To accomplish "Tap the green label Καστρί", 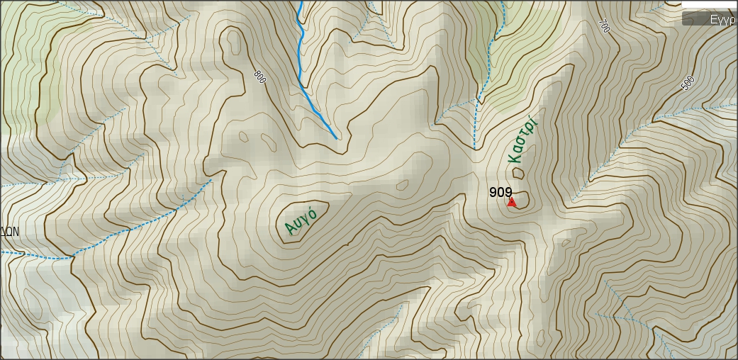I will tap(524, 140).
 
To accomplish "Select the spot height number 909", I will tap(501, 192).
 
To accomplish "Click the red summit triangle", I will tap(512, 203).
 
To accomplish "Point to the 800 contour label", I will tap(259, 77).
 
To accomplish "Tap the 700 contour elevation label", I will tap(604, 26).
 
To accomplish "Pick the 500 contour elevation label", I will tap(687, 83).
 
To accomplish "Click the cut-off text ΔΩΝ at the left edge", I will tap(9, 232).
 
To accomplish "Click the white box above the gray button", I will tap(709, 4).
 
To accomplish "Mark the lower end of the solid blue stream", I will tap(335, 137).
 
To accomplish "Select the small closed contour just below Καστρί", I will tap(518, 172).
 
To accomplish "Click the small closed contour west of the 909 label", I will tap(403, 186).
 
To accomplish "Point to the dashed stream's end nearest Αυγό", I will tap(212, 181).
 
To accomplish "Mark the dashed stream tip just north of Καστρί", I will tap(474, 148).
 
